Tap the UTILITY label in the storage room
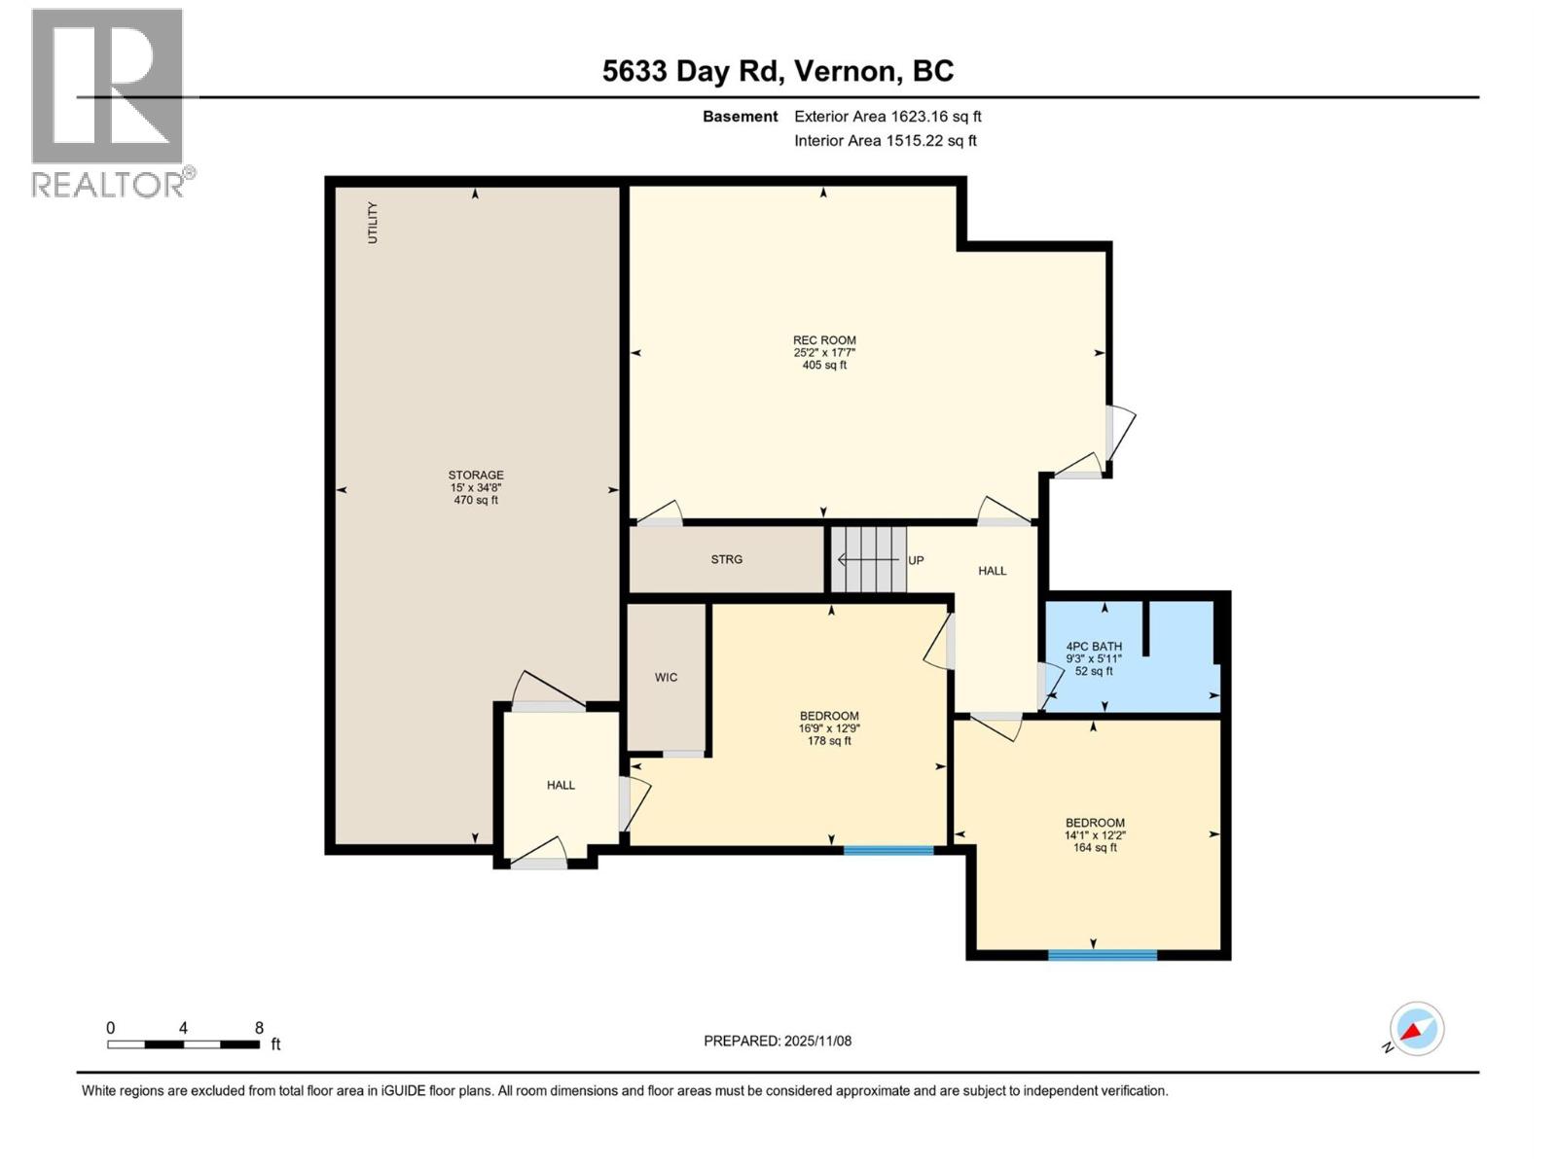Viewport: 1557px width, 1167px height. pyautogui.click(x=373, y=223)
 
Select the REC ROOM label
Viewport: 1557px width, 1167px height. pyautogui.click(x=824, y=340)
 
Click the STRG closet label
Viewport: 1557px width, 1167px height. pyautogui.click(x=726, y=560)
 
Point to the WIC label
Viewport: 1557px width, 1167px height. pyautogui.click(x=666, y=678)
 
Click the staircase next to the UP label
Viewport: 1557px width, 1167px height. pyautogui.click(x=870, y=560)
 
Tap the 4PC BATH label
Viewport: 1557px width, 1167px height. pyautogui.click(x=1095, y=646)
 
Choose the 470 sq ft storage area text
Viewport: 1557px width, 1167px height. pyautogui.click(x=476, y=500)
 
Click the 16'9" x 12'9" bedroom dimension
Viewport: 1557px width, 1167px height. pyautogui.click(x=829, y=728)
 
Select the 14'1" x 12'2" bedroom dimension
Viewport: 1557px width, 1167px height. pyautogui.click(x=1095, y=835)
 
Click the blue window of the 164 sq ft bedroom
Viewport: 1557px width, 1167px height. pyautogui.click(x=1103, y=955)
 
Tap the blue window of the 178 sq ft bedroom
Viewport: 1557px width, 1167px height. pyautogui.click(x=888, y=850)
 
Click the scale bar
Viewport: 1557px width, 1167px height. pyautogui.click(x=183, y=1044)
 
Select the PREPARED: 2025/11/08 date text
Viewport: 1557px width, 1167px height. pyautogui.click(x=778, y=1041)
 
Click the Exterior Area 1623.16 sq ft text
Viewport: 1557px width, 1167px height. pyautogui.click(x=887, y=116)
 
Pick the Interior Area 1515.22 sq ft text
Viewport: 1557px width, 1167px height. pyautogui.click(x=886, y=140)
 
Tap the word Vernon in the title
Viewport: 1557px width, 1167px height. pyautogui.click(x=844, y=72)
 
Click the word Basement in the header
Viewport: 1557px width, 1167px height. pyautogui.click(x=740, y=116)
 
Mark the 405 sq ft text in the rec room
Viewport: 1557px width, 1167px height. pyautogui.click(x=824, y=366)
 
